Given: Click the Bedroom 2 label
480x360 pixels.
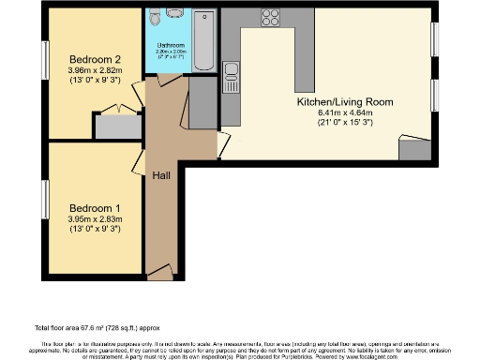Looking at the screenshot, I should point(91,57).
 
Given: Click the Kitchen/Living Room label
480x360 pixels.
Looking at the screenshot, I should point(344,101).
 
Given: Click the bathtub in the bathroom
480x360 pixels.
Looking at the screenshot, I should point(207,42).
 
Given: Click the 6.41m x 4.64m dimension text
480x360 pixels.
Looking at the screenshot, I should point(344,113).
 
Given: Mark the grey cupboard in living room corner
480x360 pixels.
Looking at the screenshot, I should point(412,147).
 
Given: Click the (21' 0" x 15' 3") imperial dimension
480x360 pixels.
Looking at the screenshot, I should point(344,124).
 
